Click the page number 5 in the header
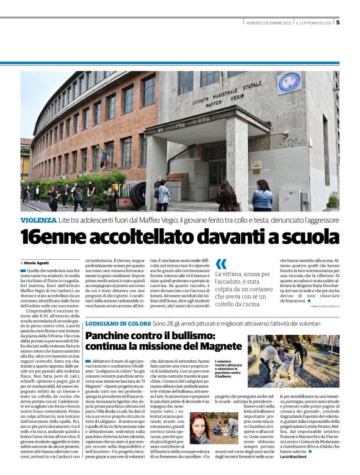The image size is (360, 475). (338, 23)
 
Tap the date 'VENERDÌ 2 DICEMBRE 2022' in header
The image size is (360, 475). (268, 24)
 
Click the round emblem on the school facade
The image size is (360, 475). (289, 82)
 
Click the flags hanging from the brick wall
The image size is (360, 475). (104, 156)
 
